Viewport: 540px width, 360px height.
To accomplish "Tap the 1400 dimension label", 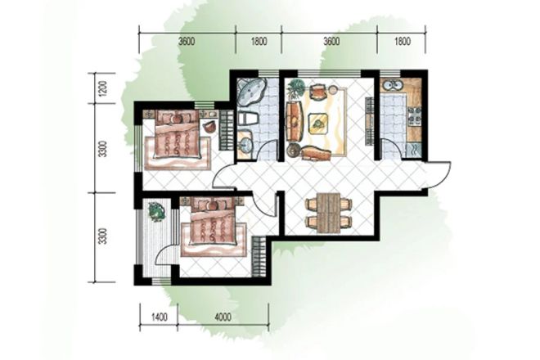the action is point(159,317).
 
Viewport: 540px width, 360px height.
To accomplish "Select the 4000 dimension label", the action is point(223,317).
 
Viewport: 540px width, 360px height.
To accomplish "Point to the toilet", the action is point(248,119).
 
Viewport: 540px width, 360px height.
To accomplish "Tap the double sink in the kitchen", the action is point(394,85).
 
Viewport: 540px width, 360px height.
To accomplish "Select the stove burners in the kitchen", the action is point(414,115).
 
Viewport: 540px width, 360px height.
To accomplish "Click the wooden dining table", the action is point(329,213).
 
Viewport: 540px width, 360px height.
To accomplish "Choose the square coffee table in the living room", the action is point(318,123).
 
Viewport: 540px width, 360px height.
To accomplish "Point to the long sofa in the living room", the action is point(295,121).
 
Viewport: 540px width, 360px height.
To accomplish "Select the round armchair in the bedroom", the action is point(209,126).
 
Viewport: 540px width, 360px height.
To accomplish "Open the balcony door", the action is point(164,253).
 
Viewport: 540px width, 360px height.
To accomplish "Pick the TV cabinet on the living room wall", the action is point(369,121).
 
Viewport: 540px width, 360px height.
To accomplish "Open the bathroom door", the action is point(268,151).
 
